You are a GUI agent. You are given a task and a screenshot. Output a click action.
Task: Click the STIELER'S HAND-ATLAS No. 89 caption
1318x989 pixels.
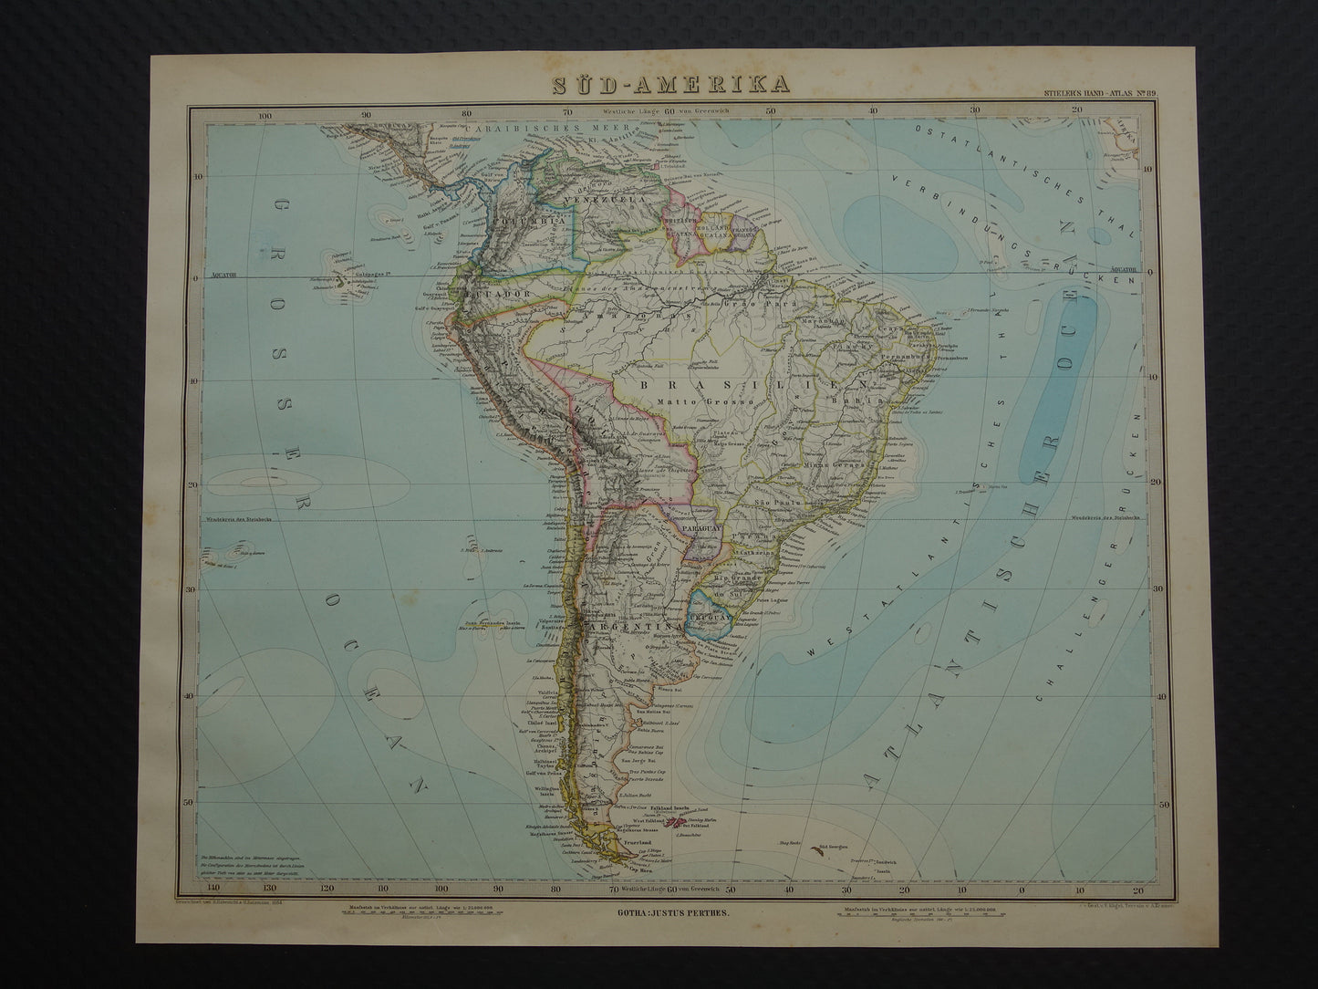1095,93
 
